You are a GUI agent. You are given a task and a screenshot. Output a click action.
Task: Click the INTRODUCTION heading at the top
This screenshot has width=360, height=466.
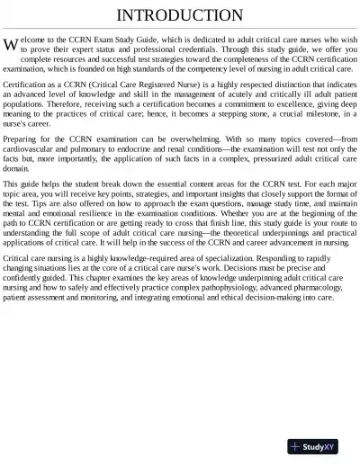180,15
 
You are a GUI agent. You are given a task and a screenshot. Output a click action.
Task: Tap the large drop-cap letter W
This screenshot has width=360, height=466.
10,45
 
